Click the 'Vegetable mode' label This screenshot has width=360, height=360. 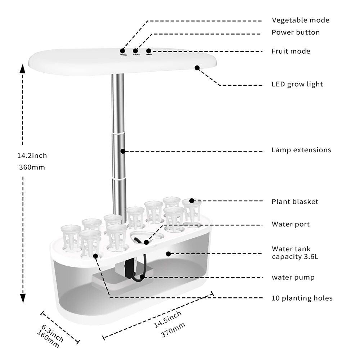(300, 21)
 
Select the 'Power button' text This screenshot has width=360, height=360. (296, 32)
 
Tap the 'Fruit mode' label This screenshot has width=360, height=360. (291, 51)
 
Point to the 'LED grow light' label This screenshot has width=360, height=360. (297, 85)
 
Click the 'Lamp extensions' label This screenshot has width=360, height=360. (301, 150)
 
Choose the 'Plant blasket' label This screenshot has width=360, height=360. (295, 202)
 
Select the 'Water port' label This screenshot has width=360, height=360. (291, 224)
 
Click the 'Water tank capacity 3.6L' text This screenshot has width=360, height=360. (295, 253)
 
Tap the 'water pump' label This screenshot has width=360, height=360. (293, 278)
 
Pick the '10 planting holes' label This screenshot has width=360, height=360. (302, 298)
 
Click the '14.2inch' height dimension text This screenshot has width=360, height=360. (32, 156)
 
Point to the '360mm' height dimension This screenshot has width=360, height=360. (31, 167)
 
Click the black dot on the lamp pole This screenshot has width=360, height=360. (123, 151)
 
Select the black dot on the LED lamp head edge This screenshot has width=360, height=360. (197, 67)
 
